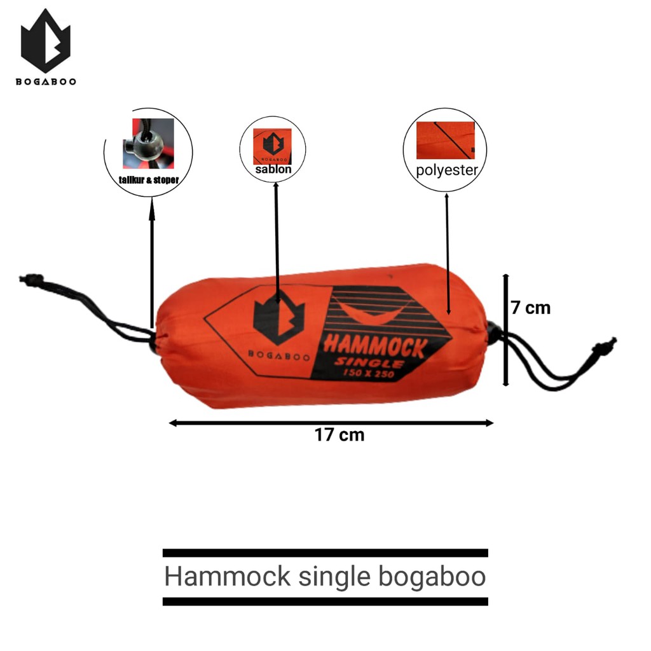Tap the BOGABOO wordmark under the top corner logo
pyautogui.click(x=45, y=82)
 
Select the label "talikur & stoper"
pyautogui.click(x=148, y=180)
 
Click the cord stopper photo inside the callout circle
pyautogui.click(x=147, y=143)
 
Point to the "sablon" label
pyautogui.click(x=273, y=170)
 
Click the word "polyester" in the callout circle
pyautogui.click(x=447, y=170)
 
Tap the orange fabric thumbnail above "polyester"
pyautogui.click(x=445, y=139)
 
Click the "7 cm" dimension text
pyautogui.click(x=531, y=308)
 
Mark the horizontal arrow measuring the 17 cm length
pyautogui.click(x=331, y=423)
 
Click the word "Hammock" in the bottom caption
pyautogui.click(x=227, y=577)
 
